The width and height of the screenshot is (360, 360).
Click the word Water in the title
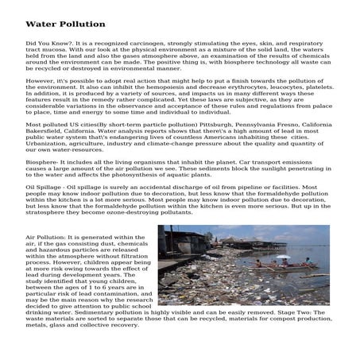[41, 24]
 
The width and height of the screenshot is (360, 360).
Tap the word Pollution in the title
[83, 24]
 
